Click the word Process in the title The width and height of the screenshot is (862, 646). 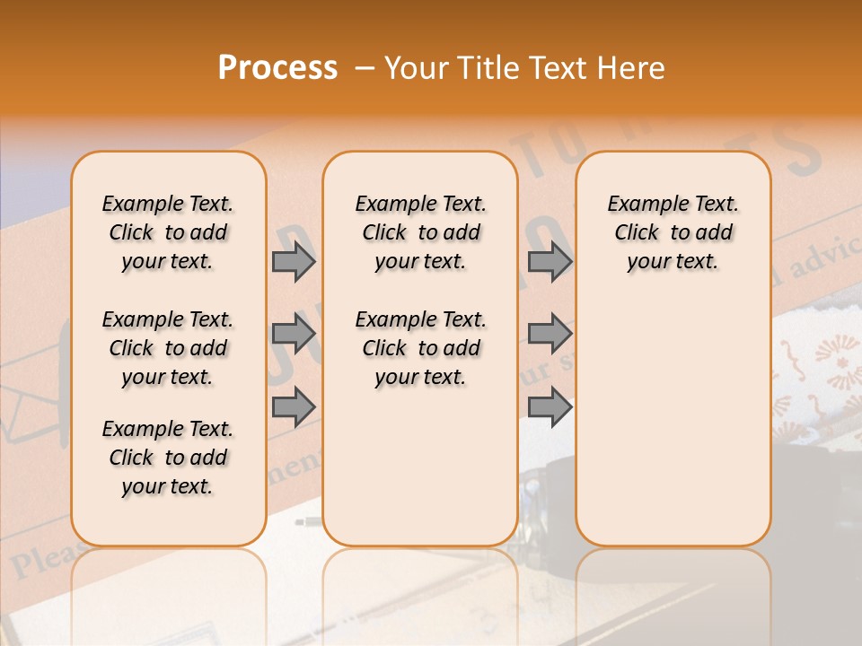(277, 68)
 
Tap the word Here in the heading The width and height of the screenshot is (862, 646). (629, 68)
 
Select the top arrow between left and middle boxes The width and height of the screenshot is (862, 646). (294, 261)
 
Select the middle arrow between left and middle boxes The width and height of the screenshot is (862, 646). (294, 334)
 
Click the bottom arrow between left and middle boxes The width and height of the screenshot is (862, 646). (294, 406)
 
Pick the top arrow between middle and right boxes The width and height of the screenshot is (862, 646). (550, 261)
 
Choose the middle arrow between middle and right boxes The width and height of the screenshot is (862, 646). (550, 334)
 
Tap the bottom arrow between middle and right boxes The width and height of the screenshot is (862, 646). (550, 406)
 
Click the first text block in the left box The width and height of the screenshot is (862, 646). (168, 232)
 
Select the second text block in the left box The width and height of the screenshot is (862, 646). (168, 348)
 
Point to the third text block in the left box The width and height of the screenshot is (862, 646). (168, 458)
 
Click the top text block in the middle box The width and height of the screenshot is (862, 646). (420, 232)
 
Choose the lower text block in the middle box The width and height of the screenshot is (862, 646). (420, 348)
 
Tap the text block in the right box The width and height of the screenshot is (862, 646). (673, 232)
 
